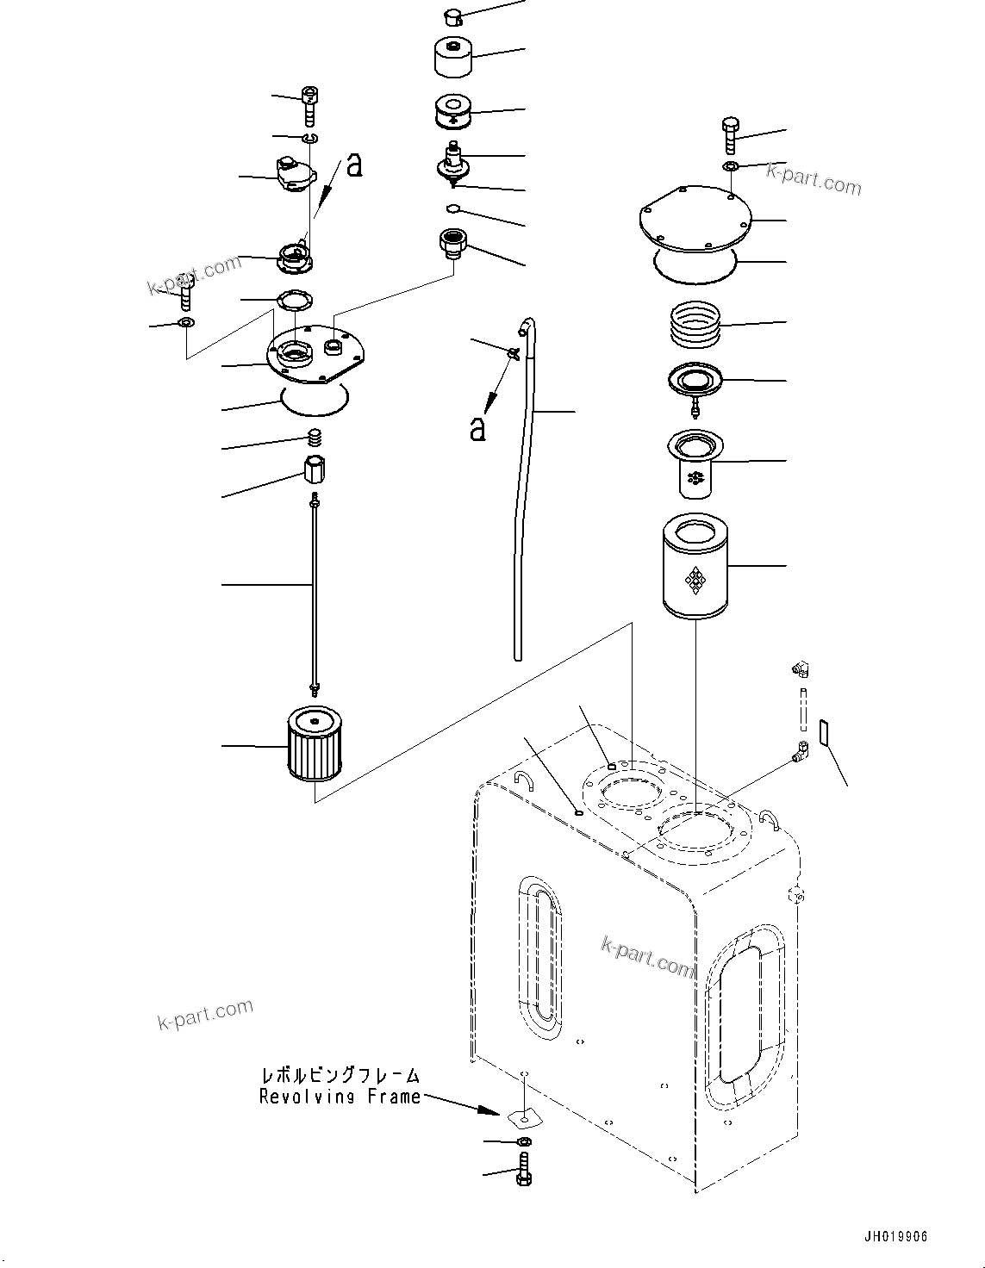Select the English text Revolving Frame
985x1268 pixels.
coord(340,1097)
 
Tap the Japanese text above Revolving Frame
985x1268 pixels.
coord(340,1075)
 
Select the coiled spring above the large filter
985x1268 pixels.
coord(695,324)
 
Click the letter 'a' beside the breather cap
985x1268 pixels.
coord(353,165)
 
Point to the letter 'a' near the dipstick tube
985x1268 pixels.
coord(477,427)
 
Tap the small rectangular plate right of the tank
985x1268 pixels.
coord(823,733)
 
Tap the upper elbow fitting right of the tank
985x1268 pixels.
coord(802,669)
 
